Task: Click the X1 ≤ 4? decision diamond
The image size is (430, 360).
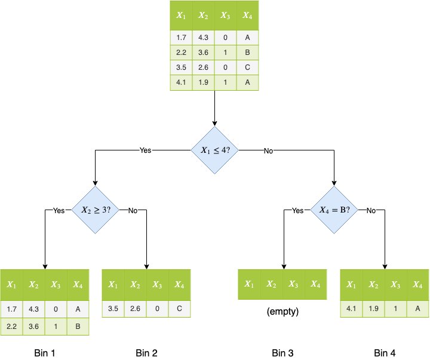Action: pyautogui.click(x=214, y=150)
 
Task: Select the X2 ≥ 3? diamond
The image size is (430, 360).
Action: pyautogui.click(x=96, y=210)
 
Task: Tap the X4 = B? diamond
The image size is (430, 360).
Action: pyautogui.click(x=334, y=210)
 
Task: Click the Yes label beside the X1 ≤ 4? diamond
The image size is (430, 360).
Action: pyautogui.click(x=145, y=150)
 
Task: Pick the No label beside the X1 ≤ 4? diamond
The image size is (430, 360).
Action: pyautogui.click(x=268, y=151)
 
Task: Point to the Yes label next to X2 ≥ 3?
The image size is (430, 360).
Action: pyautogui.click(x=59, y=211)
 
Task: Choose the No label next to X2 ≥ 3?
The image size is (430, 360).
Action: pyautogui.click(x=133, y=211)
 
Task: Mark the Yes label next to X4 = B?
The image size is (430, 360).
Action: pyautogui.click(x=297, y=211)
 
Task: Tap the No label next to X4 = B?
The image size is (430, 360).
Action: pyautogui.click(x=371, y=211)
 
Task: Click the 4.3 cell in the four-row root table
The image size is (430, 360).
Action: pyautogui.click(x=203, y=38)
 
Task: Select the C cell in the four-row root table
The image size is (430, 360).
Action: pyautogui.click(x=247, y=67)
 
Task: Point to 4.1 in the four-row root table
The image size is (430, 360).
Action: pyautogui.click(x=181, y=82)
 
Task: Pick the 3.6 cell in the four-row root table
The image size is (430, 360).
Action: pyautogui.click(x=203, y=53)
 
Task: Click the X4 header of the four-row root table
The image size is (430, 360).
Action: pyautogui.click(x=247, y=16)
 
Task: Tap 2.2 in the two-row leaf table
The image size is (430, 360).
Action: pyautogui.click(x=11, y=327)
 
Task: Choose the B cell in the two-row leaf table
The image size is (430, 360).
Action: pyautogui.click(x=78, y=327)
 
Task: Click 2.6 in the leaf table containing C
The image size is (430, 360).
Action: pyautogui.click(x=135, y=309)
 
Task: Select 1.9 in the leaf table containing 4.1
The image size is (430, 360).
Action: pyautogui.click(x=373, y=309)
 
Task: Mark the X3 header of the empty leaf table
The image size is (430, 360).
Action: pyautogui.click(x=293, y=285)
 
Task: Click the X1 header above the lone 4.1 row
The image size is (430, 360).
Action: pyautogui.click(x=351, y=285)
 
